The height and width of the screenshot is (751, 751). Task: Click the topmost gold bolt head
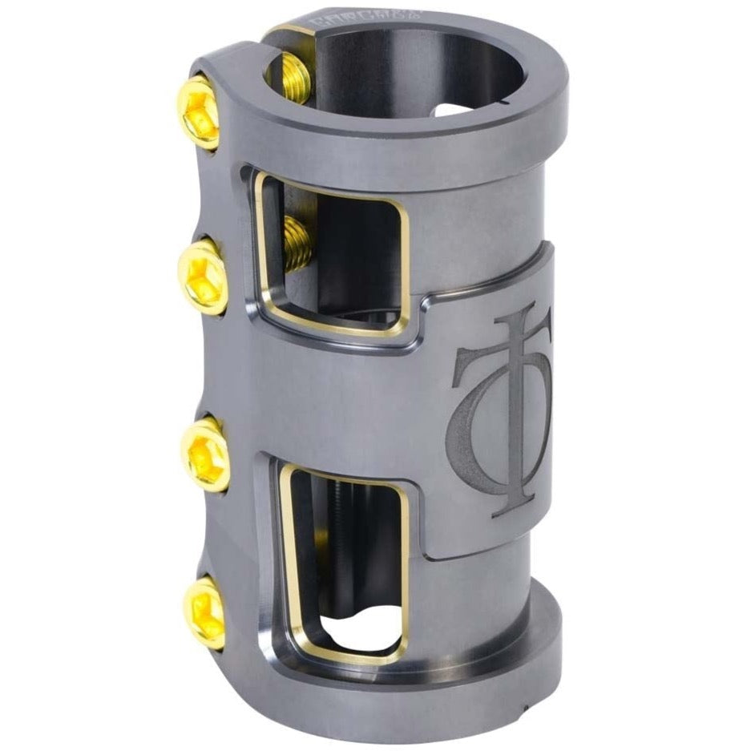click(x=198, y=115)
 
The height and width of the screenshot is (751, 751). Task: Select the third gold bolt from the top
click(x=207, y=454)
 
